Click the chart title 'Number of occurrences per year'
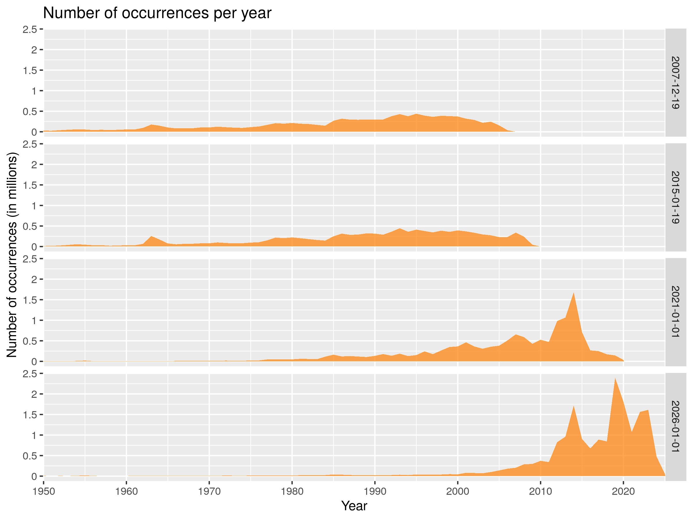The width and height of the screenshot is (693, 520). (157, 13)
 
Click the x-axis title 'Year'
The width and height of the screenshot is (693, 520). (354, 506)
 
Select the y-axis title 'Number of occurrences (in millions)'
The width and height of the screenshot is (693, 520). (12, 255)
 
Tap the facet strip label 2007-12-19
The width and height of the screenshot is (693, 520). (675, 83)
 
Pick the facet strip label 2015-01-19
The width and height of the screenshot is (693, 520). (675, 198)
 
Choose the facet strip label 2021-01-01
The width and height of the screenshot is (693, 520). (675, 312)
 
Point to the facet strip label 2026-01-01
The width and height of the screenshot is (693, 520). (675, 427)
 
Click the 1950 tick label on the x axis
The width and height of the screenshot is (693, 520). (44, 491)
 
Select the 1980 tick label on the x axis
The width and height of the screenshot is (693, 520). (292, 491)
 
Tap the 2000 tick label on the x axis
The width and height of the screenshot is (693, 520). (457, 491)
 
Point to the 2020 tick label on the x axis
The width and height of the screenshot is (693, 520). (623, 491)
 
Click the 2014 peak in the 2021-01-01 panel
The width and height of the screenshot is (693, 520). (573, 294)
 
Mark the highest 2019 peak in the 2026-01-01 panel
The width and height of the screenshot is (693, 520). (615, 379)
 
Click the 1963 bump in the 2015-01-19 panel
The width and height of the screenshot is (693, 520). (151, 237)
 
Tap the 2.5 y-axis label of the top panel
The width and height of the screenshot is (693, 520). (30, 29)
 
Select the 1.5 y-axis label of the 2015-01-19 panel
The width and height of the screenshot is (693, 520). (30, 185)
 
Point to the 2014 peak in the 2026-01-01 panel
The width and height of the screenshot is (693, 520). (573, 407)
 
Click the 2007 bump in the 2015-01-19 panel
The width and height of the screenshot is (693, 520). (516, 233)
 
